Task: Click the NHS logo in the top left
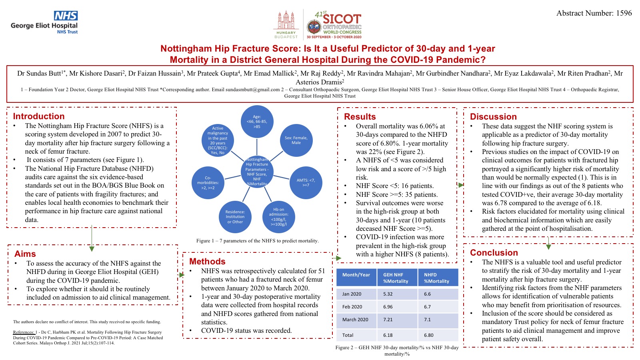(66, 16)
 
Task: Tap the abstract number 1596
(594, 13)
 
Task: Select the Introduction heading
(39, 116)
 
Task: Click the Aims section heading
(25, 254)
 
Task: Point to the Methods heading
(207, 262)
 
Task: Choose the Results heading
(360, 117)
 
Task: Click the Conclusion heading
(494, 253)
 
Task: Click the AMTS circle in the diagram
(306, 182)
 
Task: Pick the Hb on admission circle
(278, 217)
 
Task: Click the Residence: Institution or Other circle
(235, 217)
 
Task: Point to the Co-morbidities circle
(208, 183)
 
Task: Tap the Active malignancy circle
(218, 140)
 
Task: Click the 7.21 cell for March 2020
(388, 320)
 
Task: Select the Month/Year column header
(356, 275)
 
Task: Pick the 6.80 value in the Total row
(428, 335)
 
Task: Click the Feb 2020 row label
(352, 307)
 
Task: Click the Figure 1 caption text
(257, 241)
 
